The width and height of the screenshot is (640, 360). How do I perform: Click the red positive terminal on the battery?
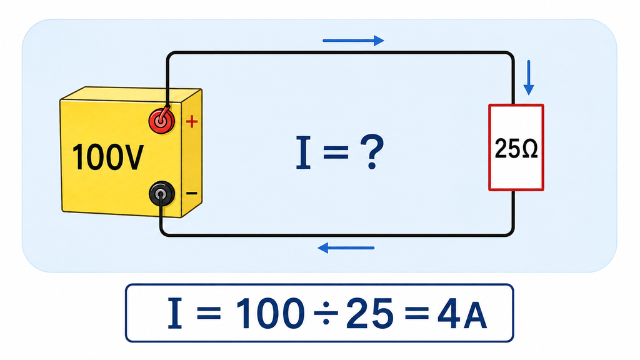point(162,121)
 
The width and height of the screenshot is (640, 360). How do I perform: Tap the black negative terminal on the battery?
point(162,194)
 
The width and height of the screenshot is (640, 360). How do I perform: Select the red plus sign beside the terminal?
point(192,121)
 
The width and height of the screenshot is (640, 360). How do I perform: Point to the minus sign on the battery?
point(192,194)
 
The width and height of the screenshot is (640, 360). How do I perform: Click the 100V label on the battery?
point(107,157)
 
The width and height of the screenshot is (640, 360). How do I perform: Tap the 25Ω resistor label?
point(516,149)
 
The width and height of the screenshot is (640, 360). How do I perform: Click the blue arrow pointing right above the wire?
point(354,41)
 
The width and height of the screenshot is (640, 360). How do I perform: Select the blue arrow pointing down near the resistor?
point(529,77)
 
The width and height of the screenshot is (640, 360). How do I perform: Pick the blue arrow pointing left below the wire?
point(346,247)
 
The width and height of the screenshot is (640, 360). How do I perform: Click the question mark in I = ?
point(371,152)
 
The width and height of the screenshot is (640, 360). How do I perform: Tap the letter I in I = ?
point(303,152)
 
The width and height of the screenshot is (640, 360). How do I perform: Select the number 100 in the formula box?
point(271,313)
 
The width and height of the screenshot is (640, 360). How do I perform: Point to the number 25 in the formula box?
point(370,313)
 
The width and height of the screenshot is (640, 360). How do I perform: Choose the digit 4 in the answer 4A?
point(449,314)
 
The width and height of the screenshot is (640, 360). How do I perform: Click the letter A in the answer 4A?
point(476,317)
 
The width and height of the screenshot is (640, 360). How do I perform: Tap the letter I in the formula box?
point(175,313)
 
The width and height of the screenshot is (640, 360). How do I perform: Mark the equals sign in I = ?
point(336,153)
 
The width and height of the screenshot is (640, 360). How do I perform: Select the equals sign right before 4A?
point(416,314)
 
